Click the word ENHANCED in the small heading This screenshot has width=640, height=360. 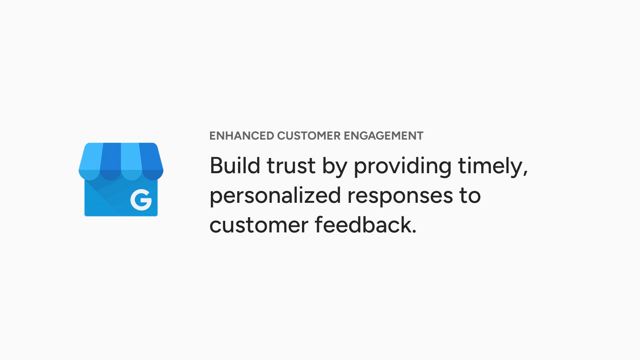242,136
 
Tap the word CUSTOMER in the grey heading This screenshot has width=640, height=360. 309,136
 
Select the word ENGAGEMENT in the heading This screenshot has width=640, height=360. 384,136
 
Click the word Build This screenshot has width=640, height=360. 235,166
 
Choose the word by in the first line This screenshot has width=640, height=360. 335,168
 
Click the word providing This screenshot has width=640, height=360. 403,168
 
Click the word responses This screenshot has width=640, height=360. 400,198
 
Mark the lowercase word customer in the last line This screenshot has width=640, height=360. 259,226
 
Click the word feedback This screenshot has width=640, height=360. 363,224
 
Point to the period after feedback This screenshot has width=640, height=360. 414,232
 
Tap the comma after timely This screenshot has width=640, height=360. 526,173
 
